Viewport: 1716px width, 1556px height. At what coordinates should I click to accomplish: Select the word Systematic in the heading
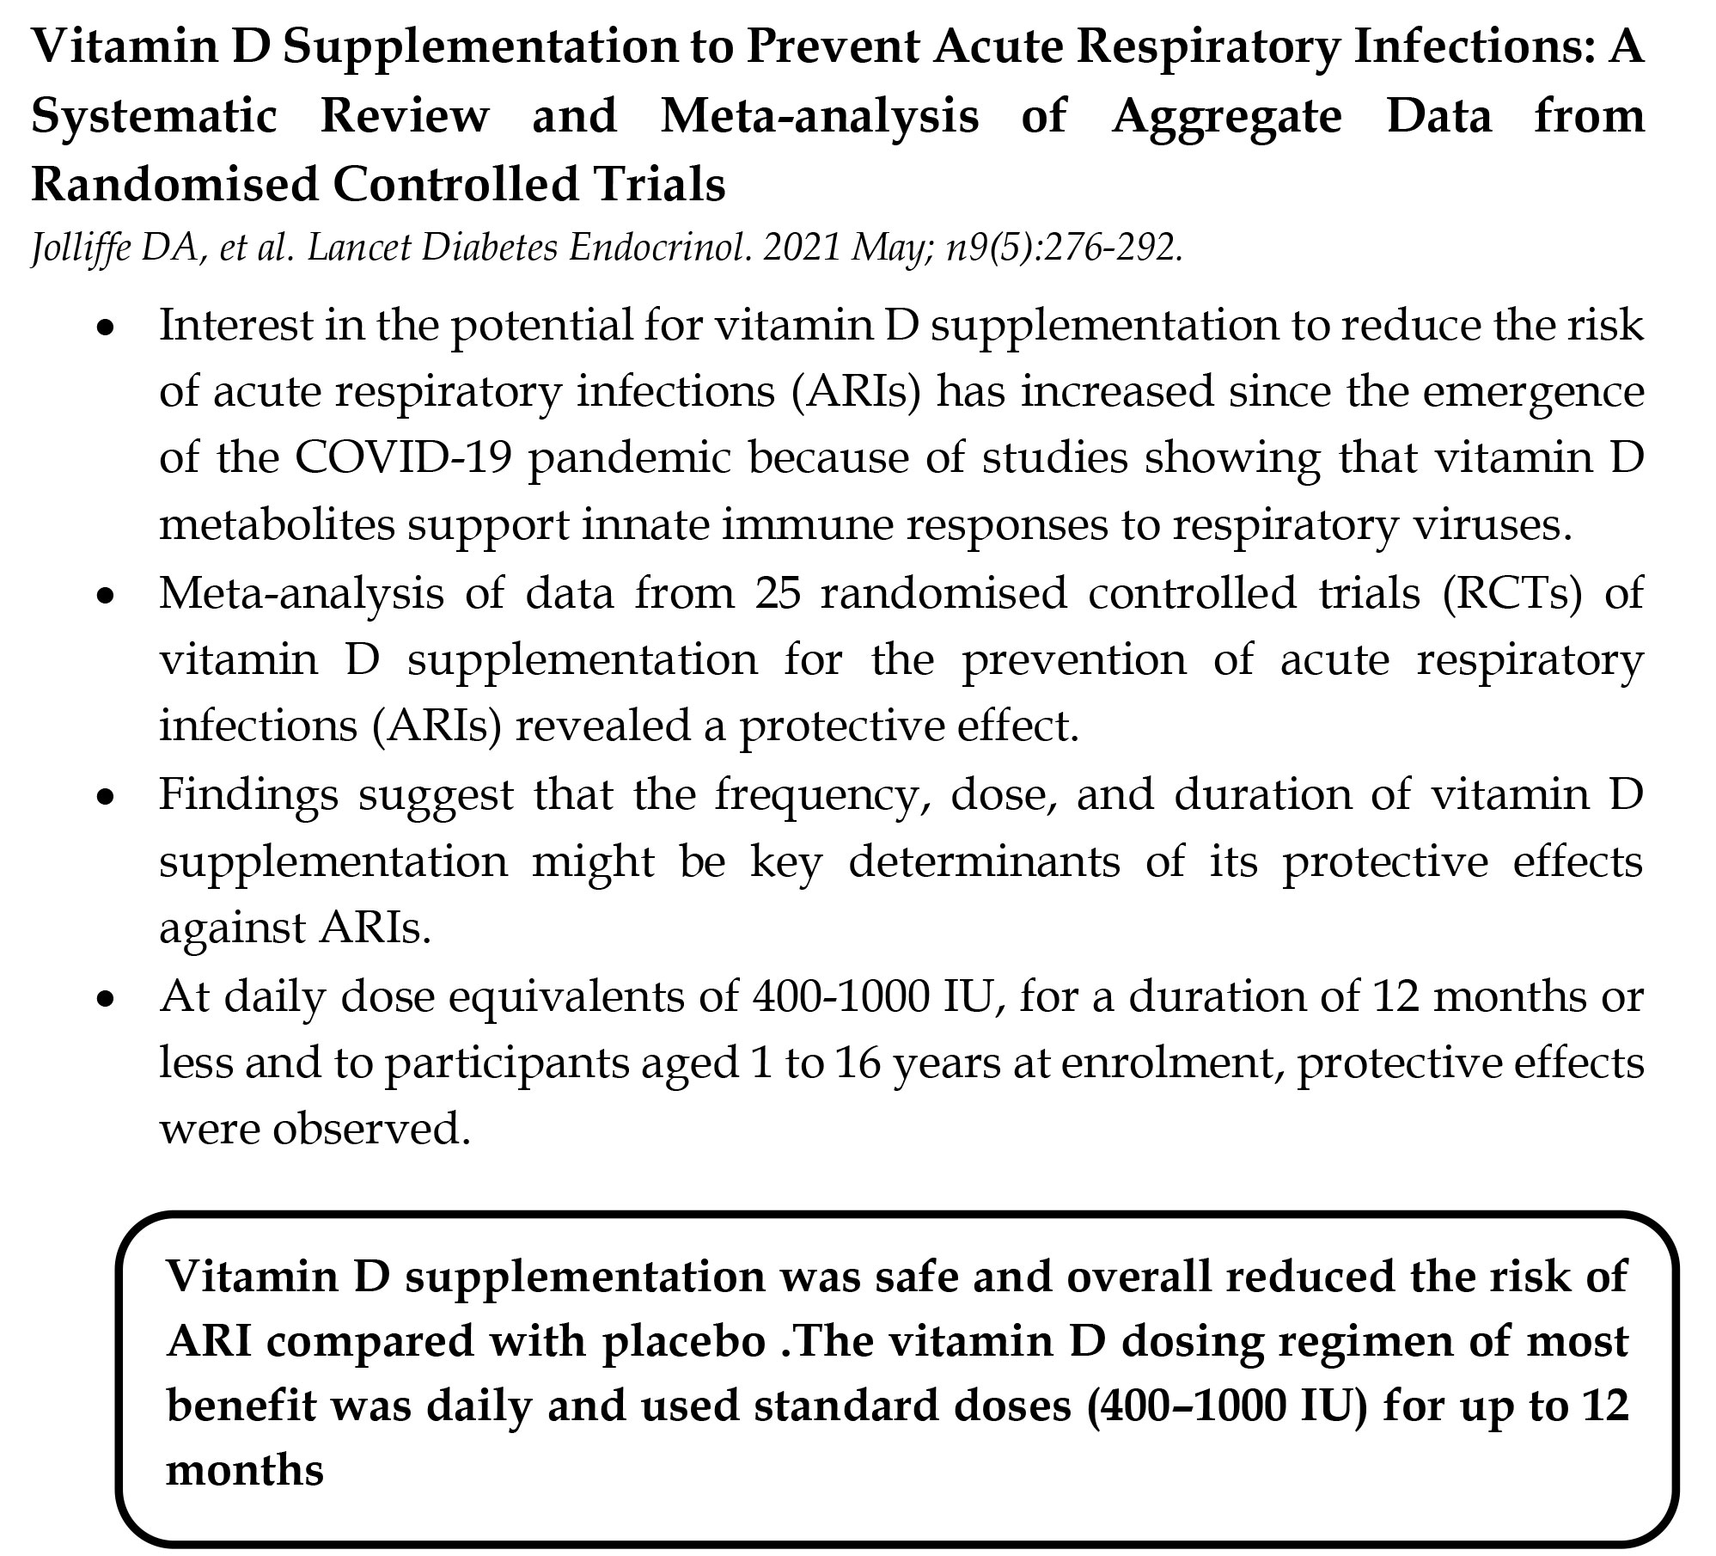[154, 115]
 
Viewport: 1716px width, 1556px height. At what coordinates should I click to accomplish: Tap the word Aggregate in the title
[1226, 115]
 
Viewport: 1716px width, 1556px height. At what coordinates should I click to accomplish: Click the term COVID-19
[404, 457]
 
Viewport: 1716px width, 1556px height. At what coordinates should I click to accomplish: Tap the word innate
[644, 524]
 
